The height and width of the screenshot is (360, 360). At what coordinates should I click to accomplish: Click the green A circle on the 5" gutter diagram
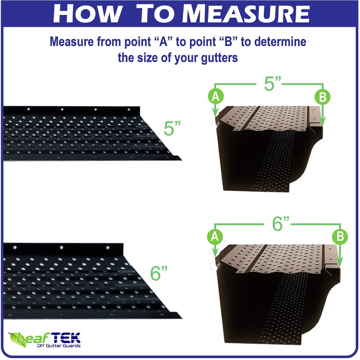tap(216, 96)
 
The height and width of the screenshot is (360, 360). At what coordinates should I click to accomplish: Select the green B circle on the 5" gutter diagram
tap(322, 97)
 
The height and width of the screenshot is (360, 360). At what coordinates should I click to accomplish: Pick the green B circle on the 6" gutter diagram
tap(340, 237)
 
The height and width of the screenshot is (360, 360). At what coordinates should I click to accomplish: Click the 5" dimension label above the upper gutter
tap(272, 84)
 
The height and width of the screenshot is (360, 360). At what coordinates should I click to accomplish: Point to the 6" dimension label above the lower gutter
tap(280, 224)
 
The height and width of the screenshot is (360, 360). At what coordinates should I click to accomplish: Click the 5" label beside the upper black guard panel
tap(172, 128)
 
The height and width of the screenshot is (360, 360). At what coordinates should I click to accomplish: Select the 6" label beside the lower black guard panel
tap(159, 273)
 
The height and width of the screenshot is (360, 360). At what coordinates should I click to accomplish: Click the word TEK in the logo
tap(67, 338)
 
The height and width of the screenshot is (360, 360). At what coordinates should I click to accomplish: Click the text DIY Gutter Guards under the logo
tap(58, 346)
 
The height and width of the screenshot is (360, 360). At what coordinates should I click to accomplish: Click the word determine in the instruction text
tap(280, 42)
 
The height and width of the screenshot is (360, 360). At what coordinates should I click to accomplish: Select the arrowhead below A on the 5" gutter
tap(215, 113)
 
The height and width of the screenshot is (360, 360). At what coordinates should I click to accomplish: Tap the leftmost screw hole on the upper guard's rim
tap(28, 109)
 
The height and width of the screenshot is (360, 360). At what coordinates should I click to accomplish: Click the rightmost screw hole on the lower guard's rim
tap(108, 247)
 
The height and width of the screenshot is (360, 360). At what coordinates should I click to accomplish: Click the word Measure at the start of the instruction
tap(72, 42)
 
